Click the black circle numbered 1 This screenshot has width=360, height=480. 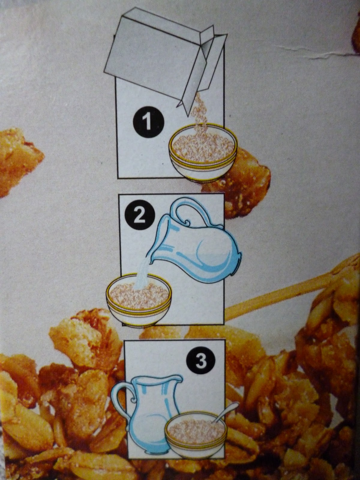coord(148,122)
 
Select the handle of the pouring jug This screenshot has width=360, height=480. coord(197,210)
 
